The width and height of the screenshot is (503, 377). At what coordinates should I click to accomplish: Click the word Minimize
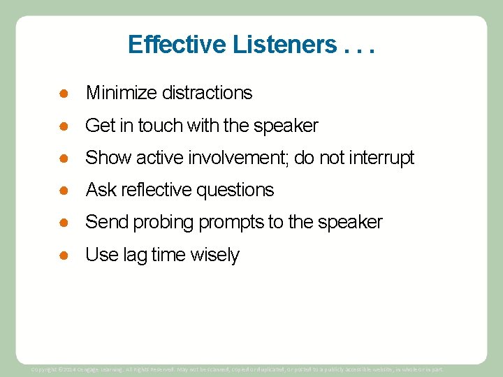pyautogui.click(x=121, y=92)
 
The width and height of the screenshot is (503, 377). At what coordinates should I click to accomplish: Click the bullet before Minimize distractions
pyautogui.click(x=63, y=92)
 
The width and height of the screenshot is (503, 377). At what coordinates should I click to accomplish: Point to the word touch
pyautogui.click(x=159, y=126)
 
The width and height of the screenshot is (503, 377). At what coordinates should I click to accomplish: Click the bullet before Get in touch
pyautogui.click(x=63, y=126)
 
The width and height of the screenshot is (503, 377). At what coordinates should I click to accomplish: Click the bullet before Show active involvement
pyautogui.click(x=63, y=158)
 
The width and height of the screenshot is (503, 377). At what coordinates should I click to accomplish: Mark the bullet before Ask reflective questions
pyautogui.click(x=63, y=190)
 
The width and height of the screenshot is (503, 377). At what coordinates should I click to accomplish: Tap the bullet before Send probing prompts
pyautogui.click(x=63, y=223)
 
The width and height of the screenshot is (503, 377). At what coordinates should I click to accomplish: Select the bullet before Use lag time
pyautogui.click(x=63, y=256)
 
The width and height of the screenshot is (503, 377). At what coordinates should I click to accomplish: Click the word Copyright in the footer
pyautogui.click(x=45, y=369)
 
